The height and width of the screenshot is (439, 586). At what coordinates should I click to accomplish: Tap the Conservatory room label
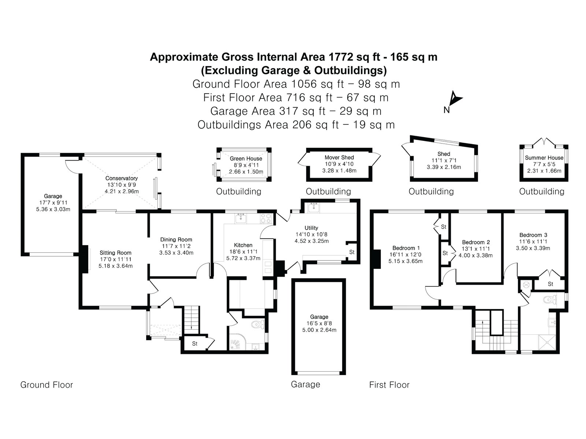pyautogui.click(x=122, y=178)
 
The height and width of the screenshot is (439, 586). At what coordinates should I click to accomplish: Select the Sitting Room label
pyautogui.click(x=116, y=253)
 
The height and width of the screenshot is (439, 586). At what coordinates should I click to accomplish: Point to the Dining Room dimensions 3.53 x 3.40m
pyautogui.click(x=176, y=252)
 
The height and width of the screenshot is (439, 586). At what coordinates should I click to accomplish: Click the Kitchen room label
pyautogui.click(x=243, y=245)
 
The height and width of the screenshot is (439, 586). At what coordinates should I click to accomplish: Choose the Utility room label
pyautogui.click(x=311, y=228)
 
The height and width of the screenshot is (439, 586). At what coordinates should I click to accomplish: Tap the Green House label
pyautogui.click(x=246, y=159)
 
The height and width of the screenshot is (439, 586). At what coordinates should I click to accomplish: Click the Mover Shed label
pyautogui.click(x=339, y=158)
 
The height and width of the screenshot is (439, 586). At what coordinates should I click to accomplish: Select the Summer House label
pyautogui.click(x=544, y=158)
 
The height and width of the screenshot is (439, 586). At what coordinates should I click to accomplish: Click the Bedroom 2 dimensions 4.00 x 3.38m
pyautogui.click(x=475, y=255)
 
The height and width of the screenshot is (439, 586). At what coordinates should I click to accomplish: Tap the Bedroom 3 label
pyautogui.click(x=533, y=235)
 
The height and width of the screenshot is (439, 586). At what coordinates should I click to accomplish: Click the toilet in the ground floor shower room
pyautogui.click(x=257, y=324)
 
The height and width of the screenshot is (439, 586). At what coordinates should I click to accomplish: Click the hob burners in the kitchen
pyautogui.click(x=266, y=218)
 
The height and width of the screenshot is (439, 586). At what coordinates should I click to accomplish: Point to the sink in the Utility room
pyautogui.click(x=314, y=207)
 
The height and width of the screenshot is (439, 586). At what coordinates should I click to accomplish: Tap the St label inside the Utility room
pyautogui.click(x=352, y=252)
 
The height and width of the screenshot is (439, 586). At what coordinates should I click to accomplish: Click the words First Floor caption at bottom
pyautogui.click(x=389, y=384)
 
